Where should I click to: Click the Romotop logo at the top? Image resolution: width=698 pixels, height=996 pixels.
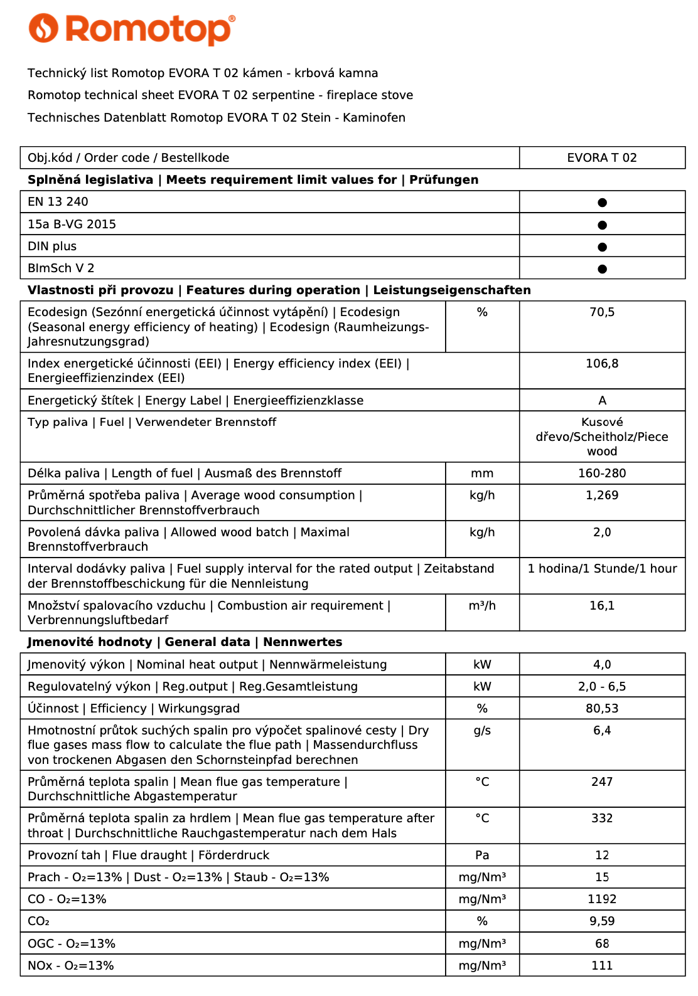point(132,29)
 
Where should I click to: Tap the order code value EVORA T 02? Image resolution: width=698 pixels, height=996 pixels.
point(601,158)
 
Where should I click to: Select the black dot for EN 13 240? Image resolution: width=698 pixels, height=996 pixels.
point(602,203)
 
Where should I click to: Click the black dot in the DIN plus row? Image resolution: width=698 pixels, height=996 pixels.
point(602,247)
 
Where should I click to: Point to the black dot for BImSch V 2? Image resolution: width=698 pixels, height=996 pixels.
point(602,269)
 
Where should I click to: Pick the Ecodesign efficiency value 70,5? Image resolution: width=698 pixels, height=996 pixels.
point(601,312)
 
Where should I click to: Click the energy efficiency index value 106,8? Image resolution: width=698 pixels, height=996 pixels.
point(601,364)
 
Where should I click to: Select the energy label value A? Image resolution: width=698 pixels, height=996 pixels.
point(602,401)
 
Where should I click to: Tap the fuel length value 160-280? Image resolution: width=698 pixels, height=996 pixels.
point(601,474)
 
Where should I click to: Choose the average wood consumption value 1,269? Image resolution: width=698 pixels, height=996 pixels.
point(601,495)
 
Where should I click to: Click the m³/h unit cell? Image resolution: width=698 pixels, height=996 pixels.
point(482,606)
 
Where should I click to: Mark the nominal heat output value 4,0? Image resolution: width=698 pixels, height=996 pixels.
point(601,665)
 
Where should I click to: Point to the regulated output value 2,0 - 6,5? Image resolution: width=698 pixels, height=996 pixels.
point(601,687)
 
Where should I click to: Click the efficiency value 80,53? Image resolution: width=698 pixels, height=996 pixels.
point(601,709)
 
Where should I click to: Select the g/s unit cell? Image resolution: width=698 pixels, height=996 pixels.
point(482,731)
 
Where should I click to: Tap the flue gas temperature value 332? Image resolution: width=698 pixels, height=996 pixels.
point(601,819)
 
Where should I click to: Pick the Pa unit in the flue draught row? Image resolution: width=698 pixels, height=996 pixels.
point(482,856)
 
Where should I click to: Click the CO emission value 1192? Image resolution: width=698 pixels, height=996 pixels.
point(601,899)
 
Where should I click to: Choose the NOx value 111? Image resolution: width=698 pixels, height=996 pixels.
point(601,966)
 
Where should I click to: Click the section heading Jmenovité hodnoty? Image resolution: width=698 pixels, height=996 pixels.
point(90,642)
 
